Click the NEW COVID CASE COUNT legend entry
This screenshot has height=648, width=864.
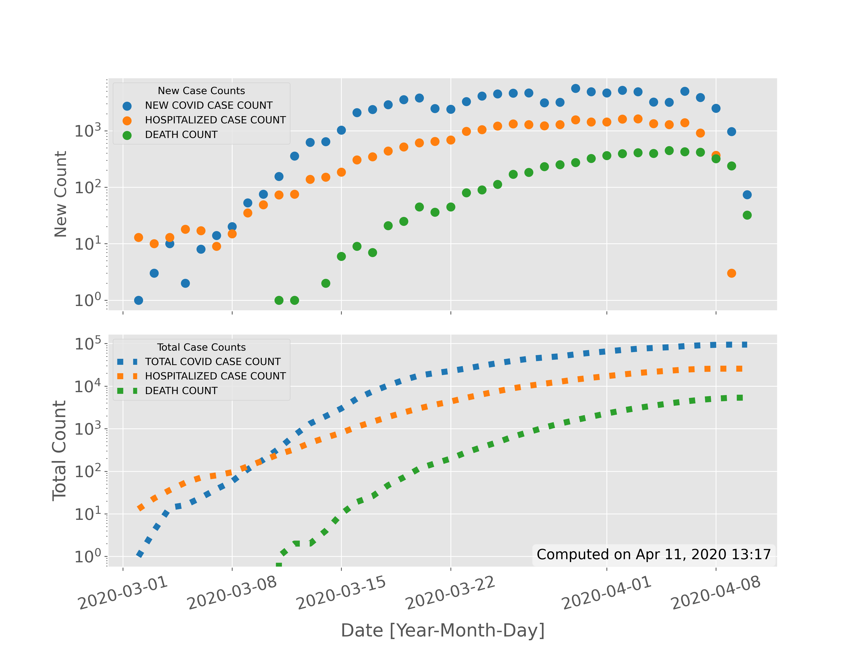209,105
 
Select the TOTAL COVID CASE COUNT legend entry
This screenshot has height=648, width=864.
212,362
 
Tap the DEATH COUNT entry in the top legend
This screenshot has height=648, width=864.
181,135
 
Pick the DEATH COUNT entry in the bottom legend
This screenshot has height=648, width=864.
181,390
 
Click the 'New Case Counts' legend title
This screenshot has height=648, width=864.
201,91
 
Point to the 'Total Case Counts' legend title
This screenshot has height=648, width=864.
201,347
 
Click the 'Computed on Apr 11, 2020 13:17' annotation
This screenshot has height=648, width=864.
654,554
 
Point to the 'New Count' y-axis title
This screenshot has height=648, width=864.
60,194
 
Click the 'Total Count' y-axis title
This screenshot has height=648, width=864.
59,450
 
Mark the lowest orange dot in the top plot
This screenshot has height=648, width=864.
732,273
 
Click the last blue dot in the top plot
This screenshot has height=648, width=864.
747,194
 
